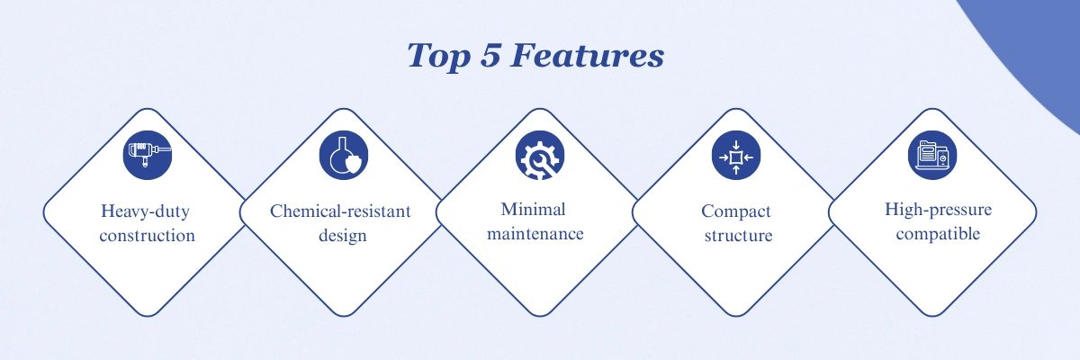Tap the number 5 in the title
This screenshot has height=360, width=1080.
click(490, 55)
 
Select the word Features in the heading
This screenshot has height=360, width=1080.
click(587, 55)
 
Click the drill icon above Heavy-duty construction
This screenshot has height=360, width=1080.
click(148, 155)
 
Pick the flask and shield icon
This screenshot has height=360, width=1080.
click(344, 155)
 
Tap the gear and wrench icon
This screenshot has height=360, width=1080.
click(540, 155)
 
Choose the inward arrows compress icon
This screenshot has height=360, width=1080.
click(736, 155)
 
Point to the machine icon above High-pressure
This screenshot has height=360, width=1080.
click(932, 155)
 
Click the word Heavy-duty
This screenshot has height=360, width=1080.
click(145, 211)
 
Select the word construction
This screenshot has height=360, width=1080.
click(147, 236)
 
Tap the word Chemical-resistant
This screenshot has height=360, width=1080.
click(340, 211)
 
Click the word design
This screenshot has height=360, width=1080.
click(343, 236)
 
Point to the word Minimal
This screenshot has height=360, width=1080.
click(533, 209)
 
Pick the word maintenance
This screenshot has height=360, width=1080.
click(535, 234)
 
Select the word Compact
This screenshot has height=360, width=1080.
click(736, 211)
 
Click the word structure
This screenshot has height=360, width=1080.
click(738, 236)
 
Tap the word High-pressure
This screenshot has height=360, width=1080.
click(938, 210)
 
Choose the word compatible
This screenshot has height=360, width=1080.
click(938, 234)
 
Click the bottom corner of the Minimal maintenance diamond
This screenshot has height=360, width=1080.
click(540, 316)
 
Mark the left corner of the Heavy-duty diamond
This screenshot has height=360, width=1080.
click(44, 212)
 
